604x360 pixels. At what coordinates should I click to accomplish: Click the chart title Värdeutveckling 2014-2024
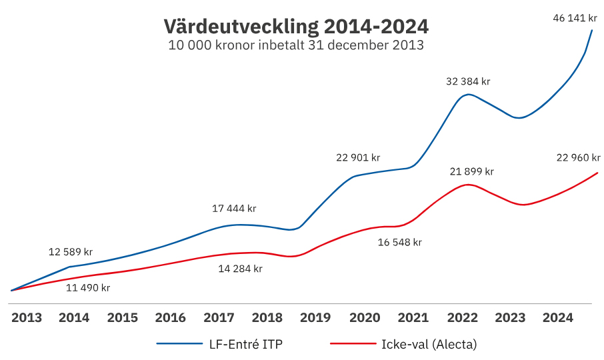coord(296,27)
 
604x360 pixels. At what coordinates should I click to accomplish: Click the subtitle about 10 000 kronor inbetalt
coord(296,46)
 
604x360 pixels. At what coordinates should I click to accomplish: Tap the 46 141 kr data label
coord(575,18)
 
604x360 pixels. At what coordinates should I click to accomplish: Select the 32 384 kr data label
coord(468,81)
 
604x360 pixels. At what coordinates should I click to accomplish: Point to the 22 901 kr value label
coord(358,158)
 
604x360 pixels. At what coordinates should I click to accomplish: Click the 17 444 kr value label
coord(234,209)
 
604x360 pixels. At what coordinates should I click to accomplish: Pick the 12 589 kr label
coord(71,252)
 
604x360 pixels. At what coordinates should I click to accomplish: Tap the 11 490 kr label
coord(88,288)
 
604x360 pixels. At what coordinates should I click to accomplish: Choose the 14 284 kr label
coord(241,269)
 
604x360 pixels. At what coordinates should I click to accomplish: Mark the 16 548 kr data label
coord(400,242)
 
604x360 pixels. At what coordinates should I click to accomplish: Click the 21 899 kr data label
coord(471,171)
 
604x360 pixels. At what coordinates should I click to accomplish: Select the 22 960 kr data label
coord(578,158)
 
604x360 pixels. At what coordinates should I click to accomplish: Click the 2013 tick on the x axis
coord(27,318)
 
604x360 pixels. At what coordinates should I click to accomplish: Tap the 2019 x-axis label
coord(317,318)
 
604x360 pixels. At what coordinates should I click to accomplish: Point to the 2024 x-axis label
coord(557,318)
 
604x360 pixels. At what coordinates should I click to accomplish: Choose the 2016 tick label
coord(171,318)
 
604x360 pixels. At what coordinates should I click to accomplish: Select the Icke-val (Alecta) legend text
coord(429,344)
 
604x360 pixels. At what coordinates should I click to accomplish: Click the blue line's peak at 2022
coord(469,94)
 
